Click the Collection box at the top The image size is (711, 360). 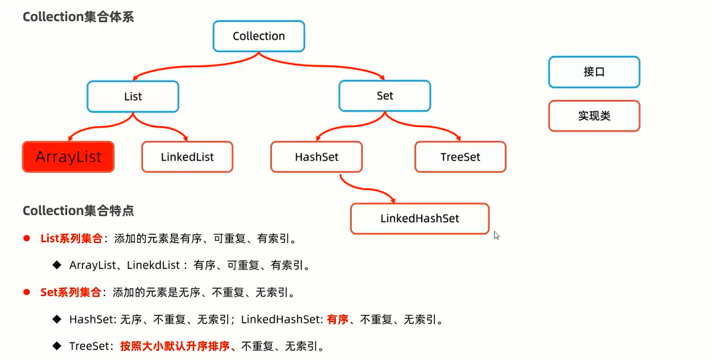pyautogui.click(x=259, y=36)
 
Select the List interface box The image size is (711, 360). pyautogui.click(x=133, y=96)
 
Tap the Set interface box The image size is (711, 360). pyautogui.click(x=385, y=96)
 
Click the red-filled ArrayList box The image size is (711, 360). pyautogui.click(x=69, y=157)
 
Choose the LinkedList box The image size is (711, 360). pyautogui.click(x=187, y=157)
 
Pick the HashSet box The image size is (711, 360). pyautogui.click(x=317, y=157)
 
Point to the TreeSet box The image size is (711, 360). pyautogui.click(x=460, y=157)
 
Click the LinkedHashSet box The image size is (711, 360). pyautogui.click(x=420, y=218)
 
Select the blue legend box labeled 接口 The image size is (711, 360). pyautogui.click(x=594, y=72)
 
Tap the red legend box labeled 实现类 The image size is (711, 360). pyautogui.click(x=594, y=116)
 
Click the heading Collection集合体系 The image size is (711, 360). pyautogui.click(x=78, y=17)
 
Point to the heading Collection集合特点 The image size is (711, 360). pyautogui.click(x=78, y=210)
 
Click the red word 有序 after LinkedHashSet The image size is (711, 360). pyautogui.click(x=338, y=319)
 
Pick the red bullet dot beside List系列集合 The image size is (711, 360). pyautogui.click(x=27, y=238)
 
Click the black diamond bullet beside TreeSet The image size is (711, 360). pyautogui.click(x=57, y=345)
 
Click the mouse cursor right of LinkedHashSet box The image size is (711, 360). pyautogui.click(x=496, y=235)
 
